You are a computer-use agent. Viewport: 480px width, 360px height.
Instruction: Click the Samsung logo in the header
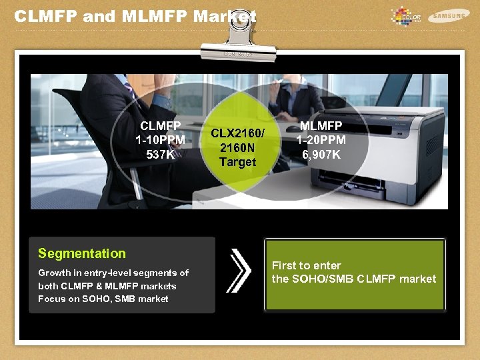coord(449,15)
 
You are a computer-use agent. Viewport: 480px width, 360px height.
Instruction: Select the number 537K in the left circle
coord(160,155)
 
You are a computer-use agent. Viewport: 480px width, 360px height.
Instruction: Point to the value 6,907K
coord(321,155)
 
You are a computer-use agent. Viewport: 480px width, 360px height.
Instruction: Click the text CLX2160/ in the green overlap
coord(237,132)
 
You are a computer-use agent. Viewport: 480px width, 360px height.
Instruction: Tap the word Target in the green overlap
coord(237,162)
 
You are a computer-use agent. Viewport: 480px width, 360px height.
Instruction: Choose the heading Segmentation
coord(81,253)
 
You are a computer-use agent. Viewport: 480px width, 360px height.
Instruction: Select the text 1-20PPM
coord(321,140)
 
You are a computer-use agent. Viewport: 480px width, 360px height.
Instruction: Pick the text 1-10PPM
coord(160,140)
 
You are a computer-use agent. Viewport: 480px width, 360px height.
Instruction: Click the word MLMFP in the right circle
coord(321,125)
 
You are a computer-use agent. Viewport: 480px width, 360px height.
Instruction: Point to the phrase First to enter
coord(306,265)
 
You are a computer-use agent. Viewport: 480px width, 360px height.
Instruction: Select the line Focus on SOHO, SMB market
coord(103,299)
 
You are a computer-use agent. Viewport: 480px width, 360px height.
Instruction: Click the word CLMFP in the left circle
coord(160,125)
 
